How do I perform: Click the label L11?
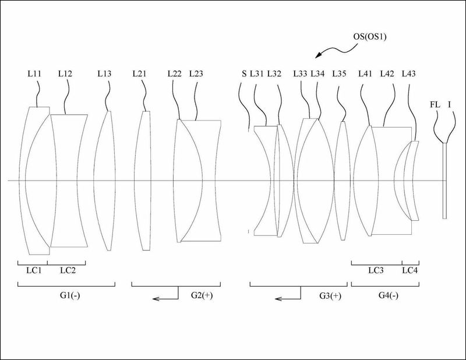point(34,73)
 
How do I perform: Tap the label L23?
point(196,73)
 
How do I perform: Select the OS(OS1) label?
point(369,37)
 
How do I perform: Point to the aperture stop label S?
point(244,73)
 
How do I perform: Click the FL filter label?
point(435,105)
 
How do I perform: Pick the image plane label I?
point(449,105)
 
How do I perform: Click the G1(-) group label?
point(70,295)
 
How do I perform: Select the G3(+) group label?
point(330,296)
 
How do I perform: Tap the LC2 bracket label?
point(68,270)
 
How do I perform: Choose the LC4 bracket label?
point(410,270)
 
